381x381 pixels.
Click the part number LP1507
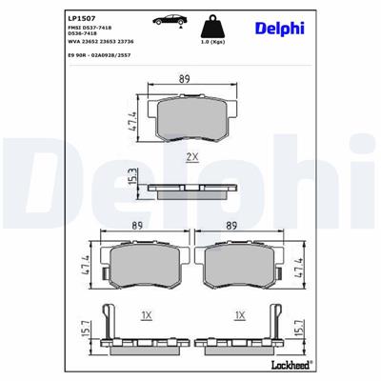pos(80,16)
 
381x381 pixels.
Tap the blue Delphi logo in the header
pos(280,28)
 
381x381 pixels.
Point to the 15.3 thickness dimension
pos(134,177)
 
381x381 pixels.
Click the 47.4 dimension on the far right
pos(301,268)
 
